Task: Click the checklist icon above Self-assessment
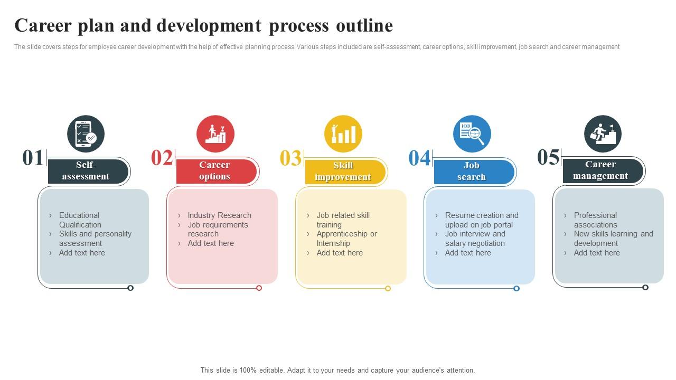[x=86, y=134]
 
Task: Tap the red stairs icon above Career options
[x=215, y=134]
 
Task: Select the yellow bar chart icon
[x=343, y=134]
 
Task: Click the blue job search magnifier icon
[x=472, y=134]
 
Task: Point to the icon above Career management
[x=603, y=134]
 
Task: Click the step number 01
[x=33, y=158]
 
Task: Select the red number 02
[x=162, y=158]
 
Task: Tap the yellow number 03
[x=290, y=158]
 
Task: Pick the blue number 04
[x=419, y=158]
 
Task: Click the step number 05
[x=548, y=157]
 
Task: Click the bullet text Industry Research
[x=219, y=215]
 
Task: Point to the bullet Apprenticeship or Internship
[x=346, y=239]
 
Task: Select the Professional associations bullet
[x=595, y=220]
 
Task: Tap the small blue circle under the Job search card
[x=517, y=288]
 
